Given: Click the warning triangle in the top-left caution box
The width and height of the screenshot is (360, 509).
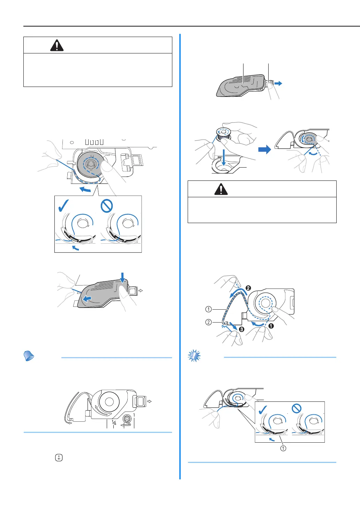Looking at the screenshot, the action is click(x=57, y=45).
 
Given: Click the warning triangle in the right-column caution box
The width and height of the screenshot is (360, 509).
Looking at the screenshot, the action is click(x=221, y=189).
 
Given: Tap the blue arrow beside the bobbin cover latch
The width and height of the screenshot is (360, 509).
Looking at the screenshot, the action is click(x=278, y=83).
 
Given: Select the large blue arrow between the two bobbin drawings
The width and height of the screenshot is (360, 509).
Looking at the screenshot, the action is click(x=265, y=149).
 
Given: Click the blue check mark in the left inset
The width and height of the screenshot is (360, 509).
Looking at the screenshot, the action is click(x=63, y=206).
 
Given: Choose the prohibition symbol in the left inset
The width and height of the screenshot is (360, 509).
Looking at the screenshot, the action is click(x=107, y=206).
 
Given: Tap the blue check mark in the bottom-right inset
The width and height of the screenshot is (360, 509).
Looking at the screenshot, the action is click(x=263, y=410).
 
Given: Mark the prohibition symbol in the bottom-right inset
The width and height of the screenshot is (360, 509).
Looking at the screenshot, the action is click(x=297, y=408).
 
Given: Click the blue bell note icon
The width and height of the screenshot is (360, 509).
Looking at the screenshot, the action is click(x=29, y=356).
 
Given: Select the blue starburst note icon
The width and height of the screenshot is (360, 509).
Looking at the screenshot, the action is click(x=194, y=356).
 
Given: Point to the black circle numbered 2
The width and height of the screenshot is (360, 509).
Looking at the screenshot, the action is click(x=248, y=288).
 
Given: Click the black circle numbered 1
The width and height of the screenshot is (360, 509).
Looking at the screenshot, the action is click(x=271, y=326).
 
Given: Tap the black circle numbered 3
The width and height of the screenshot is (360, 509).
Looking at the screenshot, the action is click(x=241, y=329).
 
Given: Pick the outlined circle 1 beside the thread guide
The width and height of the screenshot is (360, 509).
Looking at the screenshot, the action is click(x=208, y=309).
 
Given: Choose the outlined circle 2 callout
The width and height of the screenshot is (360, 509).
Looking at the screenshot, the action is click(x=208, y=322).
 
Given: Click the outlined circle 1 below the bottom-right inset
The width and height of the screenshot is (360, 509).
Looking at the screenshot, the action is click(x=283, y=448).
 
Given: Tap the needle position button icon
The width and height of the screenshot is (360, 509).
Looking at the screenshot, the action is click(x=59, y=458).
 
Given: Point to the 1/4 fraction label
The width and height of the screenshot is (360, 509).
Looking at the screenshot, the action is click(x=114, y=422).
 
